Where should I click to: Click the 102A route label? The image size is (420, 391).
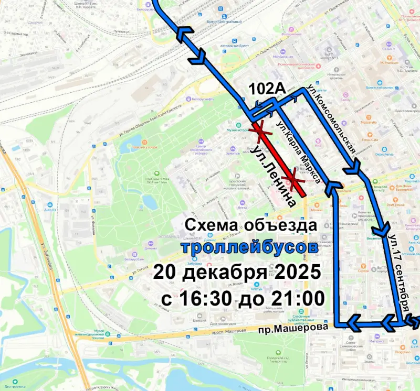point(267,89)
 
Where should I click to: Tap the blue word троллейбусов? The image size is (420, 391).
point(249,247)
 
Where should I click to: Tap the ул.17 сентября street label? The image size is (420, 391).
point(400,273)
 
